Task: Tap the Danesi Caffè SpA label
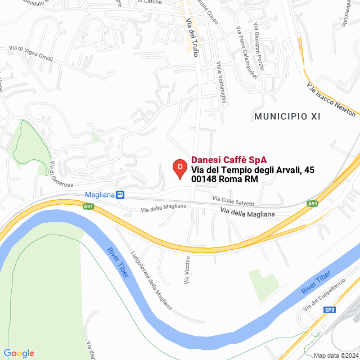(x=229, y=160)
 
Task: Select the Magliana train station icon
(x=120, y=195)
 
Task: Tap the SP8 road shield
(x=330, y=309)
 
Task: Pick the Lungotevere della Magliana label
(x=152, y=280)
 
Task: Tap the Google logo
(x=19, y=353)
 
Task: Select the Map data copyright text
(x=335, y=355)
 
